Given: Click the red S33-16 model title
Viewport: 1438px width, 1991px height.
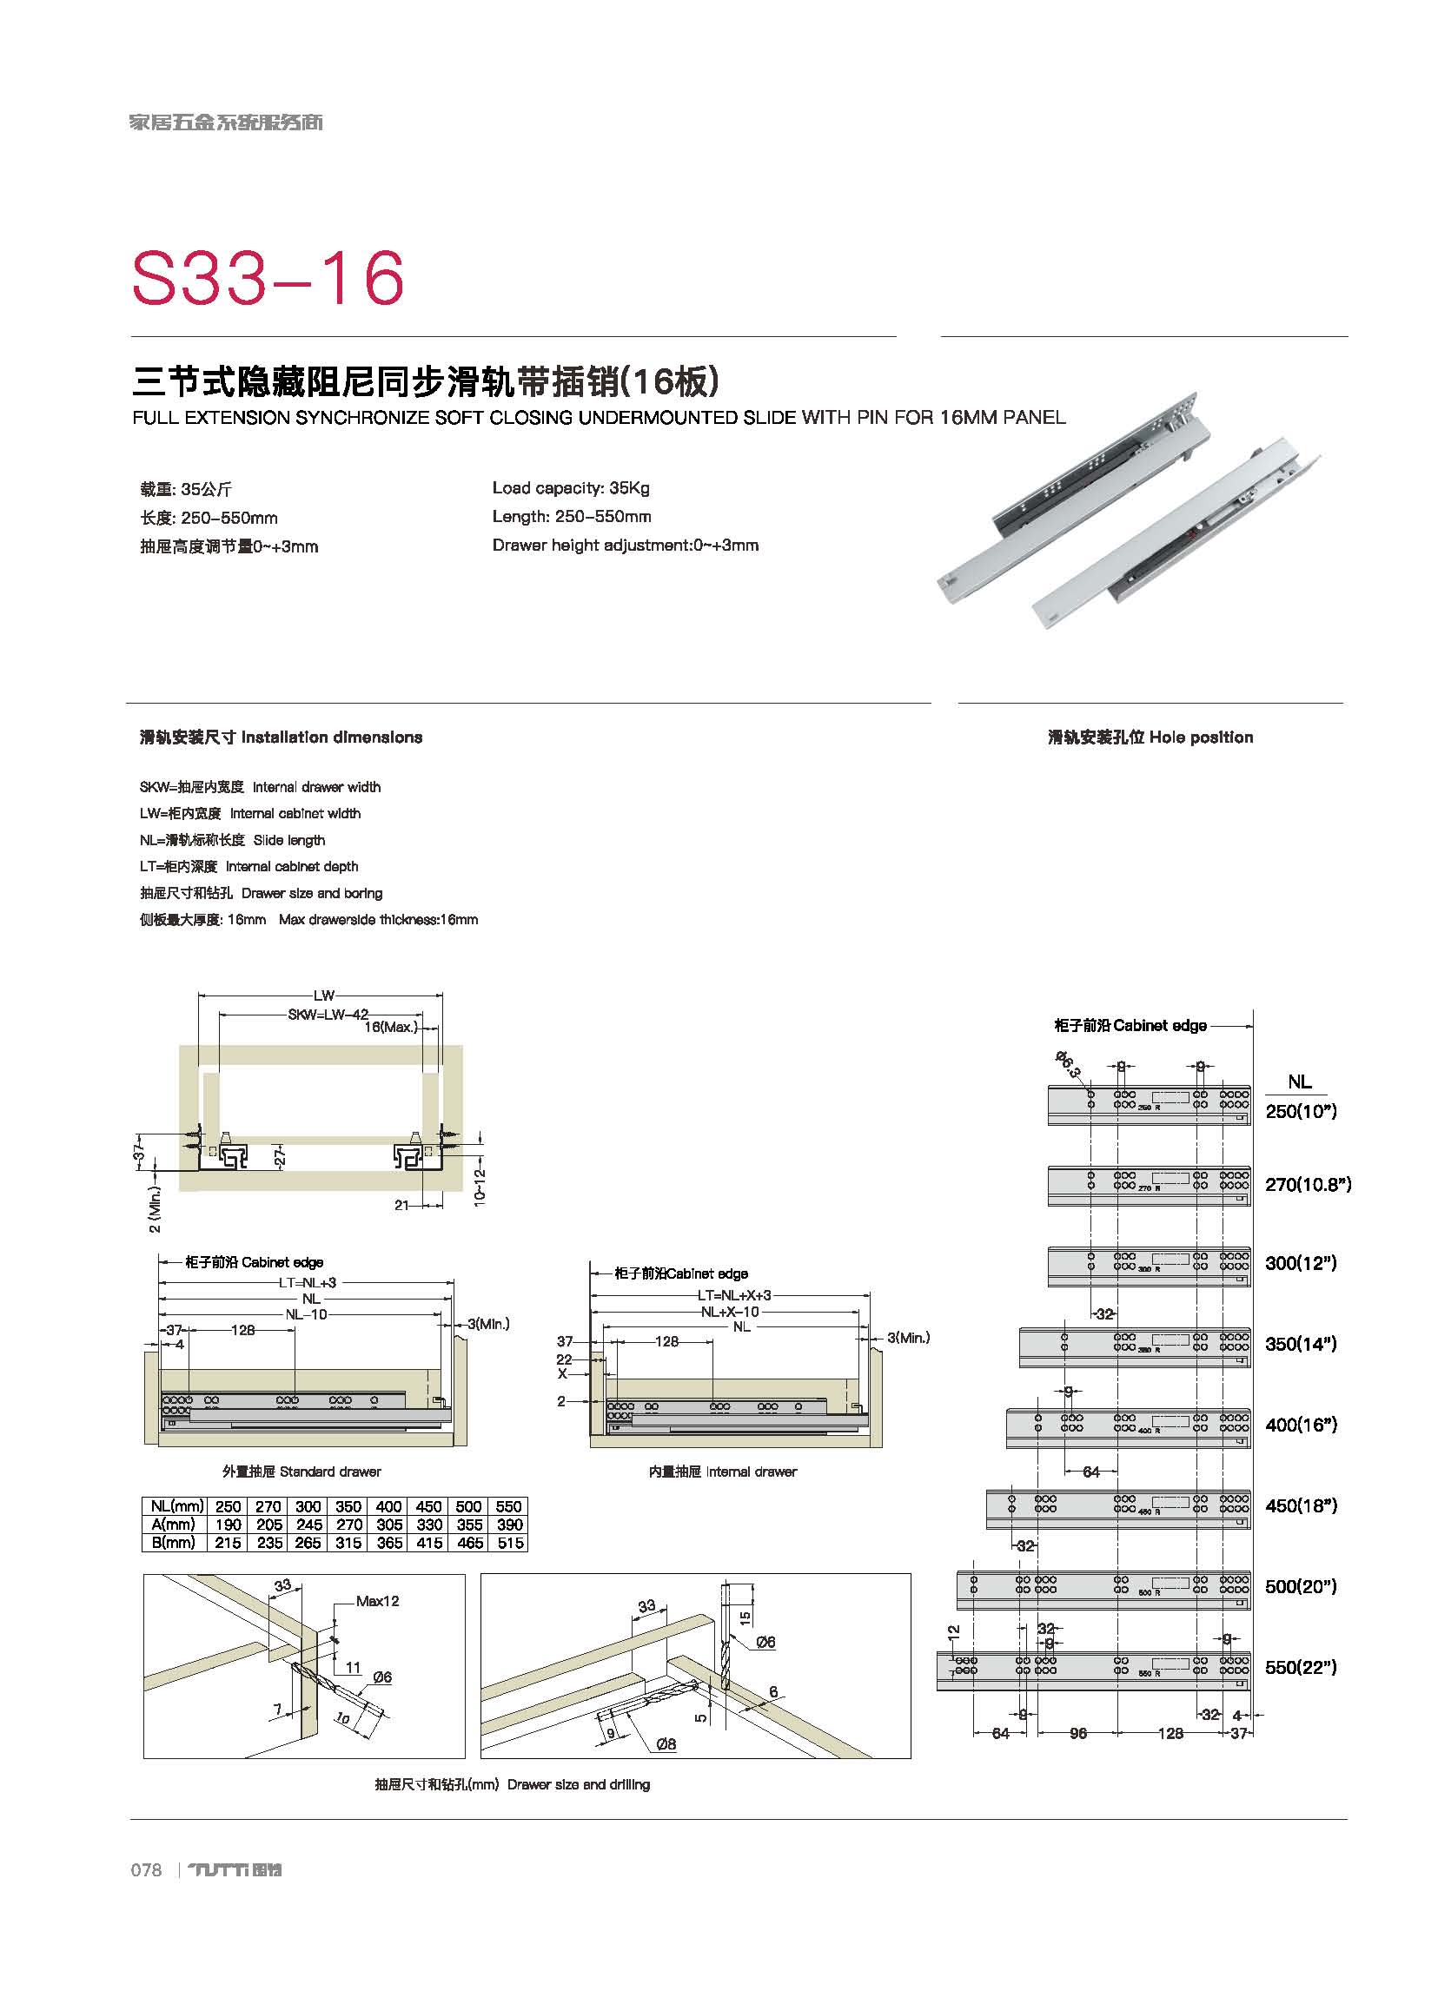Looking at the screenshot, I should pos(268,277).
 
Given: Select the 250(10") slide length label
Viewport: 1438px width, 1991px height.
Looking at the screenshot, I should pos(1300,1111).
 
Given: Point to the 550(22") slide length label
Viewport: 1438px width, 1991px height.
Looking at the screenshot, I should pos(1300,1666).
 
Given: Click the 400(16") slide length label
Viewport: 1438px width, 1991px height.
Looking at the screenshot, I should pos(1300,1424).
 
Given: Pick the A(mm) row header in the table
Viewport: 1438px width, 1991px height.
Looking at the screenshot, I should pos(173,1525).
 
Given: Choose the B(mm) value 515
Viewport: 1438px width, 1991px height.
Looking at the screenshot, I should pos(509,1543).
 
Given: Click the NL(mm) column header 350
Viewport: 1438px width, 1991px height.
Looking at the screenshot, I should pos(348,1506).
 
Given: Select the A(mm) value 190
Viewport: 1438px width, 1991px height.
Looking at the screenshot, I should pos(228,1525).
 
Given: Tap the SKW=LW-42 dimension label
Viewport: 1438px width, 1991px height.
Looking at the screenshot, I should pos(328,1014).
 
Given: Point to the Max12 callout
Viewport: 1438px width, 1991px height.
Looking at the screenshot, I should pos(377,1601).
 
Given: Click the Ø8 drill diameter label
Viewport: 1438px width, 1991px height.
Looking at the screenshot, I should pos(666,1744).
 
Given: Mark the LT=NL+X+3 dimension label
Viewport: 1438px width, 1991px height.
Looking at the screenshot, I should pos(734,1296).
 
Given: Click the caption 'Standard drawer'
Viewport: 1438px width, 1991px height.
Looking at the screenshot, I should pos(302,1472).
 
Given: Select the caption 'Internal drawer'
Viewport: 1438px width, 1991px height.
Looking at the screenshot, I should pos(723,1472).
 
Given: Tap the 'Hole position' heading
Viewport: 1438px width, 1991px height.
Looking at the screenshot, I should pos(1150,738).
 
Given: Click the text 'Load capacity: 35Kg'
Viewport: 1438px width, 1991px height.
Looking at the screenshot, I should pos(571,488).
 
